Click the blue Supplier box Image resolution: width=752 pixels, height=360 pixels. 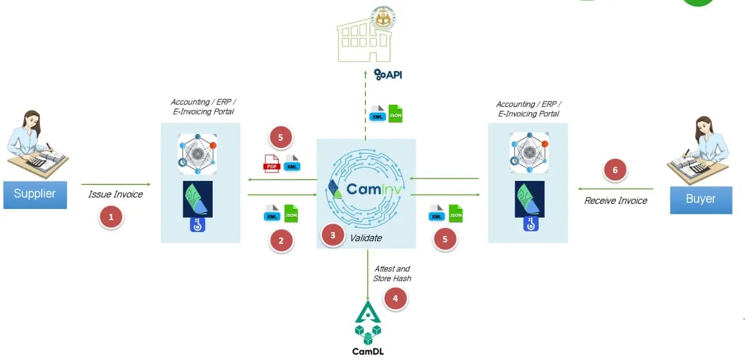point(35,194)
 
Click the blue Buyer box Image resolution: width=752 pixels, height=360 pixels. point(701,199)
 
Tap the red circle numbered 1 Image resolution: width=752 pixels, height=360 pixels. point(111,218)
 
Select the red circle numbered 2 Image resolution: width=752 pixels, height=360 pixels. point(281,240)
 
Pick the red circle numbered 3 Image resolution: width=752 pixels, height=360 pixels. point(333,235)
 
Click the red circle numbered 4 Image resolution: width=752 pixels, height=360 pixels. point(395,298)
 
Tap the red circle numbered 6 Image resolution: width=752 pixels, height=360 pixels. point(615,170)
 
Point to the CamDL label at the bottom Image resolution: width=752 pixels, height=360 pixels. point(368,352)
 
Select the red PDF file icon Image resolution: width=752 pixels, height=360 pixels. point(271,163)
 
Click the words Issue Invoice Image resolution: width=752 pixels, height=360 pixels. point(115,194)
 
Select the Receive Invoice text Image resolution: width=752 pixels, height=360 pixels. point(615,201)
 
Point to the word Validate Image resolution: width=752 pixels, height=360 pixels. point(365,238)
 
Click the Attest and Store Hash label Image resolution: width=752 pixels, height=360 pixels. point(392,273)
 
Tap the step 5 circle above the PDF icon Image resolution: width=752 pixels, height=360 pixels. point(281,138)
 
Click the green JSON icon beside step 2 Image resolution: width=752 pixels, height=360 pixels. point(291,213)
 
